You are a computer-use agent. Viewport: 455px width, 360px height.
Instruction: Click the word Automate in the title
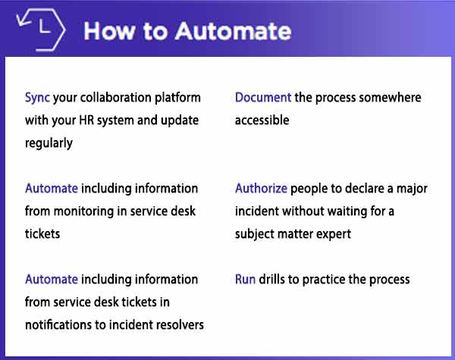click(x=233, y=31)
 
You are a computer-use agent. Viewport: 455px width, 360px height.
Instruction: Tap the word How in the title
click(x=111, y=31)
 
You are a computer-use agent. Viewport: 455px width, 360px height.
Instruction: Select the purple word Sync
click(x=38, y=99)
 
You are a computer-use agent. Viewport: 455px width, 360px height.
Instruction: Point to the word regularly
click(x=49, y=143)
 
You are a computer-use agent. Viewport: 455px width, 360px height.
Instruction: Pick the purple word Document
click(x=263, y=98)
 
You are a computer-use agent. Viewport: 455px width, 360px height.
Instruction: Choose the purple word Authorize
click(x=261, y=188)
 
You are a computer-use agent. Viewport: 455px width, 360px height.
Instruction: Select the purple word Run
click(x=246, y=279)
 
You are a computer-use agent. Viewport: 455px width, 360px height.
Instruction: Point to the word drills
click(x=276, y=279)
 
